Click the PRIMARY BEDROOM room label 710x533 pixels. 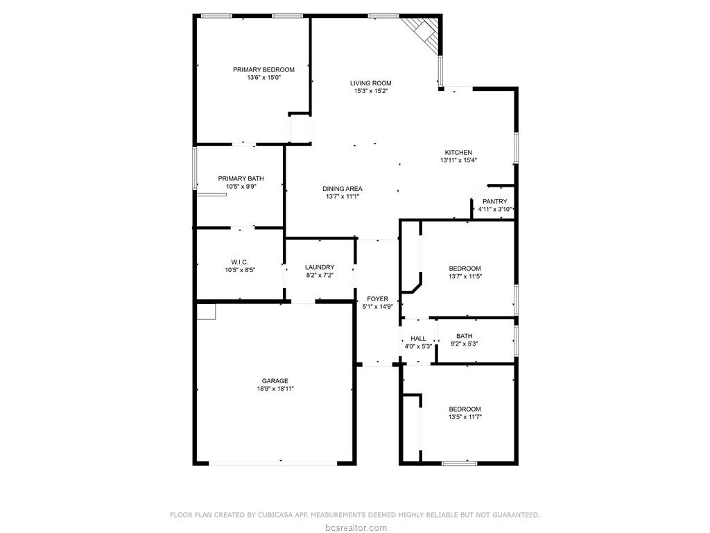click(263, 69)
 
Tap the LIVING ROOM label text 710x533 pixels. click(370, 83)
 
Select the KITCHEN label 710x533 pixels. click(458, 153)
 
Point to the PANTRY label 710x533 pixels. click(494, 202)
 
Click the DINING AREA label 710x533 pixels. click(342, 189)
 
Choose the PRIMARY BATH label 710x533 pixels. click(241, 179)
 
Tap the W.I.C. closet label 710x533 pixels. click(240, 262)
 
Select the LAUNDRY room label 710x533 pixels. click(320, 267)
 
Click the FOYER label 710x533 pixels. click(378, 299)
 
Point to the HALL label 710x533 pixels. click(418, 339)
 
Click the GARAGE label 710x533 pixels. click(275, 381)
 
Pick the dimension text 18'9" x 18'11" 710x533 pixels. click(275, 389)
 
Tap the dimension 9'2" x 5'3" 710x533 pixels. click(464, 344)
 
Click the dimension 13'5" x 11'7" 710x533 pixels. click(465, 417)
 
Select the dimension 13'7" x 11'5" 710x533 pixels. click(465, 276)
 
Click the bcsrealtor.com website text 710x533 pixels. click(355, 527)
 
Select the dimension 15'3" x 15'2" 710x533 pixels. click(370, 91)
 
